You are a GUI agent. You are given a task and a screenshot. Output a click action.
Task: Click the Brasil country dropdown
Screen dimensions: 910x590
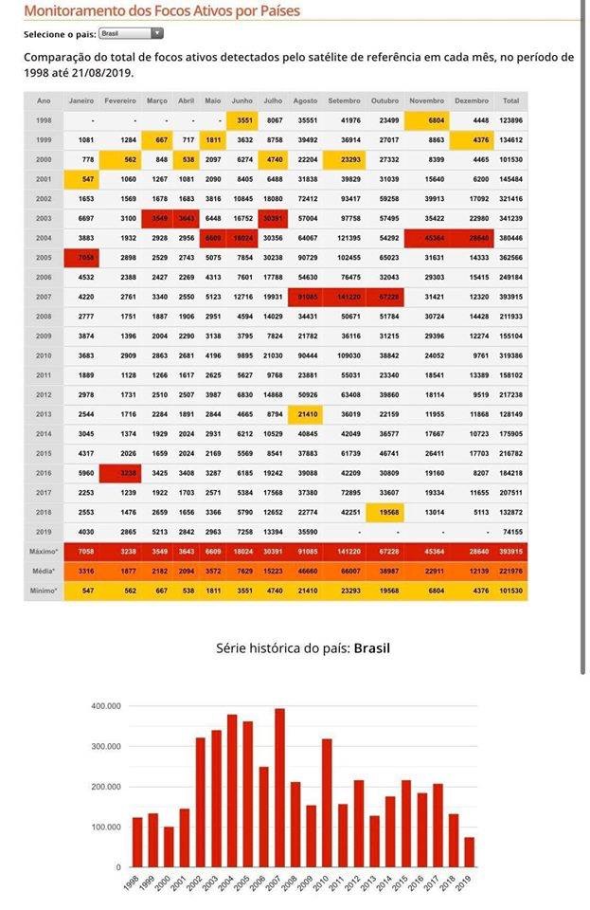pyautogui.click(x=131, y=33)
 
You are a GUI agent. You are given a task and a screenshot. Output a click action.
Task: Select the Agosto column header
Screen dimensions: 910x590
pyautogui.click(x=305, y=100)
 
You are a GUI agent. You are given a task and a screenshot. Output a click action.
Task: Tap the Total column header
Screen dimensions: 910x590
pyautogui.click(x=510, y=100)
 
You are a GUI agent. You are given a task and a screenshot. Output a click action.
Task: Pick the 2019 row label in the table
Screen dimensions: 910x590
pyautogui.click(x=44, y=532)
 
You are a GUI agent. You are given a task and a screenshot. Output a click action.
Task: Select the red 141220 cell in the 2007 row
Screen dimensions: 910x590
pyautogui.click(x=344, y=297)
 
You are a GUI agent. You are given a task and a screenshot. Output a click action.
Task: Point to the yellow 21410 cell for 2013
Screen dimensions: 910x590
pyautogui.click(x=305, y=414)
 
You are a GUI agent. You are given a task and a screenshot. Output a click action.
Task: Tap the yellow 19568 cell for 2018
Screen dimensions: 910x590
pyautogui.click(x=384, y=512)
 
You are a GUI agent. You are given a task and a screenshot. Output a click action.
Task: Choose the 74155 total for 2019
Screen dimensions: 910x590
pyautogui.click(x=510, y=532)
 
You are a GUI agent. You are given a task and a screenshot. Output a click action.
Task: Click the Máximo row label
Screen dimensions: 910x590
pyautogui.click(x=44, y=552)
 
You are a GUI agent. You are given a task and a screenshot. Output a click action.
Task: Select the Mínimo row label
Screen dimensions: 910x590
pyautogui.click(x=44, y=591)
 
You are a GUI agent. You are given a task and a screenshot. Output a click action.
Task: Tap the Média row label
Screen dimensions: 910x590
pyautogui.click(x=44, y=572)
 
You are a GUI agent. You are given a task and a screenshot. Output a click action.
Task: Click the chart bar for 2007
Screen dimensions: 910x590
pyautogui.click(x=279, y=788)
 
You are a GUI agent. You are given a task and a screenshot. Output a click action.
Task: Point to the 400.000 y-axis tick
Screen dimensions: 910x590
pyautogui.click(x=105, y=706)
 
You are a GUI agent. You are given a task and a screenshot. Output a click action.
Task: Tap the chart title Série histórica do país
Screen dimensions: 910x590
pyautogui.click(x=303, y=648)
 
